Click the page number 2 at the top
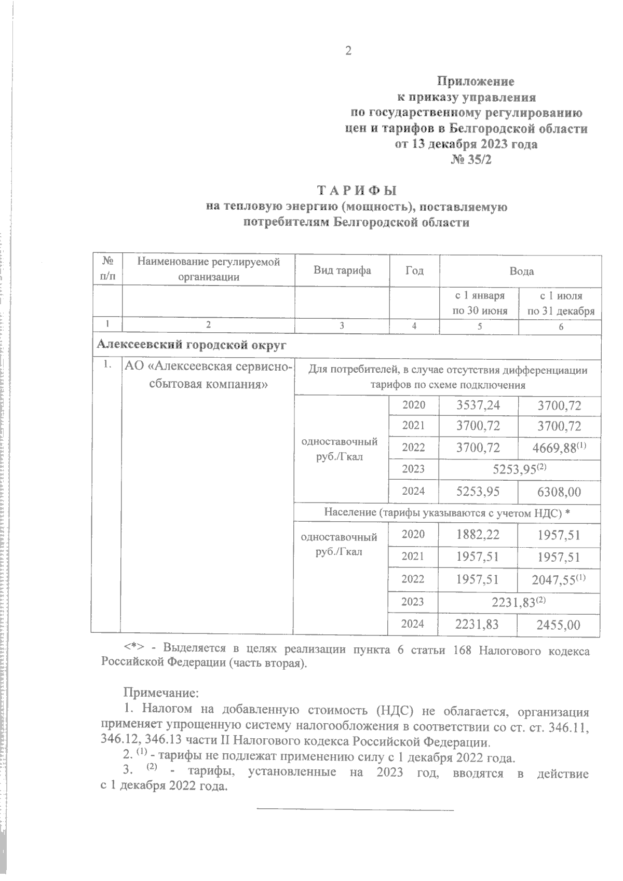click(348, 50)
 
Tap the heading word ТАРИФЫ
click(356, 190)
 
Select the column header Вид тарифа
click(342, 270)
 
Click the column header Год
click(414, 270)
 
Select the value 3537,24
click(478, 405)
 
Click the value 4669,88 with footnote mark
click(559, 447)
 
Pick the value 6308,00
click(559, 491)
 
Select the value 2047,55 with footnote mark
click(559, 579)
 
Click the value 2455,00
click(559, 625)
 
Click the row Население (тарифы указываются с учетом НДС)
click(447, 512)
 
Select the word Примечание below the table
click(161, 693)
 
